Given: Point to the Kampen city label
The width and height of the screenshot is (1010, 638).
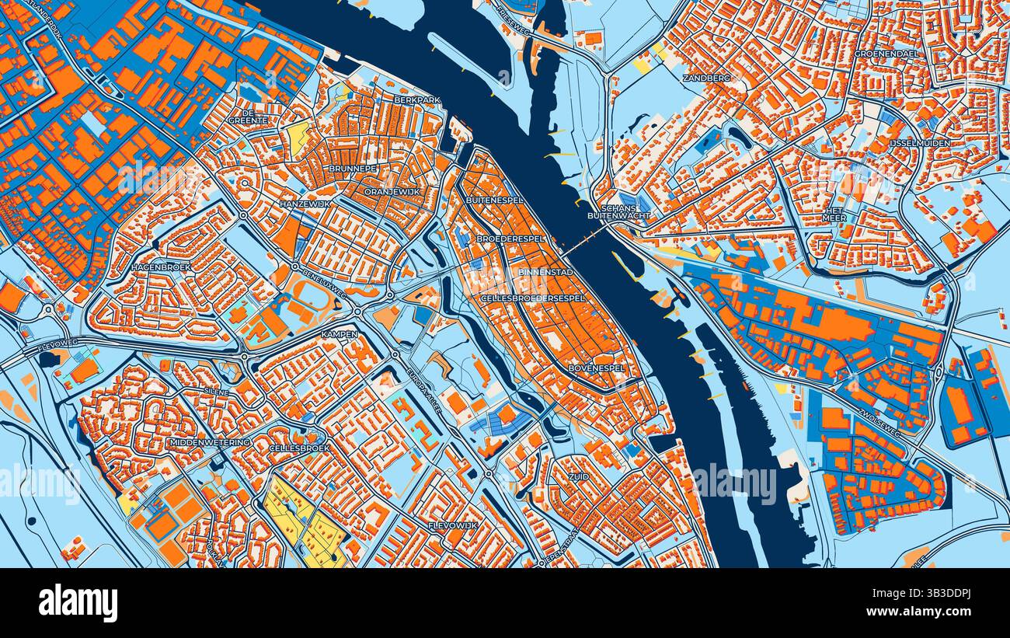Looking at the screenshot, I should (x=340, y=334).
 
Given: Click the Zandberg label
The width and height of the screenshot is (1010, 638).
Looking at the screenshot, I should (x=706, y=78).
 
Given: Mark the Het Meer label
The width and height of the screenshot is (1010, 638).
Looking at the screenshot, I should (x=834, y=214).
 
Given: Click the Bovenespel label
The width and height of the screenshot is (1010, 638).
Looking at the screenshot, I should (x=597, y=368).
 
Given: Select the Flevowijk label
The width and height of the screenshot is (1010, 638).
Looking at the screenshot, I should (x=452, y=526).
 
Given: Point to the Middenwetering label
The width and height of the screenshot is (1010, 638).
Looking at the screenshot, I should (x=209, y=442).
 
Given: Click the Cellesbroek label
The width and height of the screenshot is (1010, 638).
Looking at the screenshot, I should (x=299, y=448).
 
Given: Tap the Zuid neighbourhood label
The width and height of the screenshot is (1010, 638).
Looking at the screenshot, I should (x=578, y=476).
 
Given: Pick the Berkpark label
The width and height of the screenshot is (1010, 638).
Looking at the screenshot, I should (x=417, y=100).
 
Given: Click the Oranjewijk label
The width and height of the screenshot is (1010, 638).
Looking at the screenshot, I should (x=392, y=190).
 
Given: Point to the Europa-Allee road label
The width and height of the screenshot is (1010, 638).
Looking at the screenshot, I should (x=424, y=389).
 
